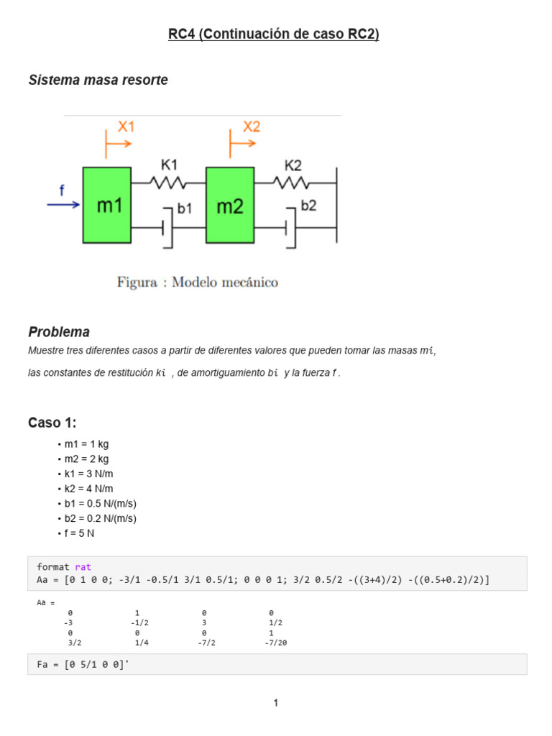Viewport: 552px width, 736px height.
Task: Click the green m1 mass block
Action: click(106, 205)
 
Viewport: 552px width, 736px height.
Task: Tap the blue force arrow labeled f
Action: click(63, 204)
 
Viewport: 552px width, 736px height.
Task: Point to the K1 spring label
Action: click(169, 165)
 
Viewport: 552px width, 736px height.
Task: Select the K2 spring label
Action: click(293, 165)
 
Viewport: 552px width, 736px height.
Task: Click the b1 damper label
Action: click(185, 208)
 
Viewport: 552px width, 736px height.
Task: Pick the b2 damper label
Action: click(308, 206)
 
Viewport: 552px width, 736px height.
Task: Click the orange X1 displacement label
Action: click(126, 127)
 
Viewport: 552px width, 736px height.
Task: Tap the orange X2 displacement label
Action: click(251, 127)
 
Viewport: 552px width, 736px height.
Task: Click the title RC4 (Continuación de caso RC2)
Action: click(274, 34)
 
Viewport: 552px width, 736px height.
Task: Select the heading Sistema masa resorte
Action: click(98, 80)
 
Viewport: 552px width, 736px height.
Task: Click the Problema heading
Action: click(59, 332)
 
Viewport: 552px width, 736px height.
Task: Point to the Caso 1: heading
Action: click(52, 423)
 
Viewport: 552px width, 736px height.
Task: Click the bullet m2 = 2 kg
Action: click(86, 459)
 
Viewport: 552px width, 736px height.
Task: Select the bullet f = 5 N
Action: click(80, 533)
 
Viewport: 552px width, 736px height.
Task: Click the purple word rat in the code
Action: click(83, 567)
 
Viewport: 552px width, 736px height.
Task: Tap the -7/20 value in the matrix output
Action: click(275, 643)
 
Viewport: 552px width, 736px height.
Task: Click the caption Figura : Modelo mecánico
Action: click(198, 282)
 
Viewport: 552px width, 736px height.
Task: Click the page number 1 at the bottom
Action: click(275, 703)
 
